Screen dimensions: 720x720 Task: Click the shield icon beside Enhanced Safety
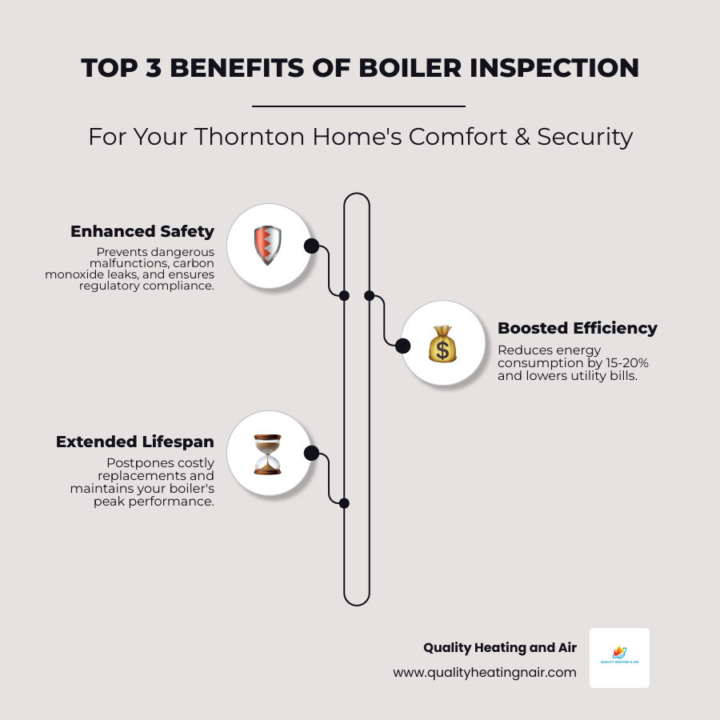coord(268,246)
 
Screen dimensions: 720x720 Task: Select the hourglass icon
coord(267,454)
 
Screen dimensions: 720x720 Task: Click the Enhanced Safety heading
coord(142,231)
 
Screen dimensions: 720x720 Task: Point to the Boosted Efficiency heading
coord(577,328)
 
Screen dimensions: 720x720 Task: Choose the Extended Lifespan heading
coord(135,442)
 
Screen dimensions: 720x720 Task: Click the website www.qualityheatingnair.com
coord(484,673)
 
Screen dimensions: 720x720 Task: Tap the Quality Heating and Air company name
coord(499,648)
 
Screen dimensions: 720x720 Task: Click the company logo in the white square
coord(619,657)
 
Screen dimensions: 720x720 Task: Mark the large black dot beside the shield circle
coord(311,246)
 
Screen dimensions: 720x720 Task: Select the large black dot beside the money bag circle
coord(403,346)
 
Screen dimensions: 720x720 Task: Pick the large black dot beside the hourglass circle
coord(311,454)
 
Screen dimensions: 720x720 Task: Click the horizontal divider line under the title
coord(358,106)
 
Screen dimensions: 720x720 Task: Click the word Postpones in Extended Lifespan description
coord(134,463)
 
